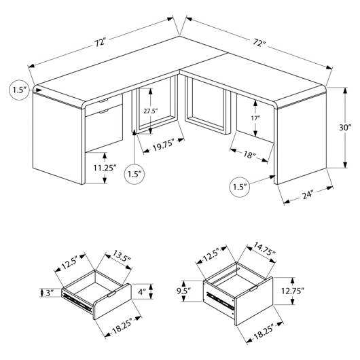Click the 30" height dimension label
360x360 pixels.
tap(345, 128)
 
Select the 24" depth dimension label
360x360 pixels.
tap(308, 195)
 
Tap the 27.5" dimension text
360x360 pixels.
tap(151, 111)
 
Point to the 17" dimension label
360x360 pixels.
tap(255, 118)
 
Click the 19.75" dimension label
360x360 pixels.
tap(162, 145)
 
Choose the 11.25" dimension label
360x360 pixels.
tap(105, 168)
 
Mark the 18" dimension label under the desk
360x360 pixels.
tap(249, 155)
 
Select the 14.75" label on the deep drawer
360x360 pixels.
tap(264, 249)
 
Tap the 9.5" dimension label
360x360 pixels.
tap(184, 291)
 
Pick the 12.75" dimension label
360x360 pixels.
tap(293, 291)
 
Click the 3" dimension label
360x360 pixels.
tap(50, 293)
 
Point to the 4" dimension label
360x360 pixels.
tap(142, 292)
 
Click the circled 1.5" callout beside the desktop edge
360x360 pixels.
tap(19, 90)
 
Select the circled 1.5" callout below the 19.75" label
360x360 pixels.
tap(134, 174)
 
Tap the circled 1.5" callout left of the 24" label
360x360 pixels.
tap(240, 187)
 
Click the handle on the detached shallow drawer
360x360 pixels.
tap(111, 294)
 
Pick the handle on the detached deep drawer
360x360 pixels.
tap(253, 289)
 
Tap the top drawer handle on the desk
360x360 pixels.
tap(103, 101)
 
